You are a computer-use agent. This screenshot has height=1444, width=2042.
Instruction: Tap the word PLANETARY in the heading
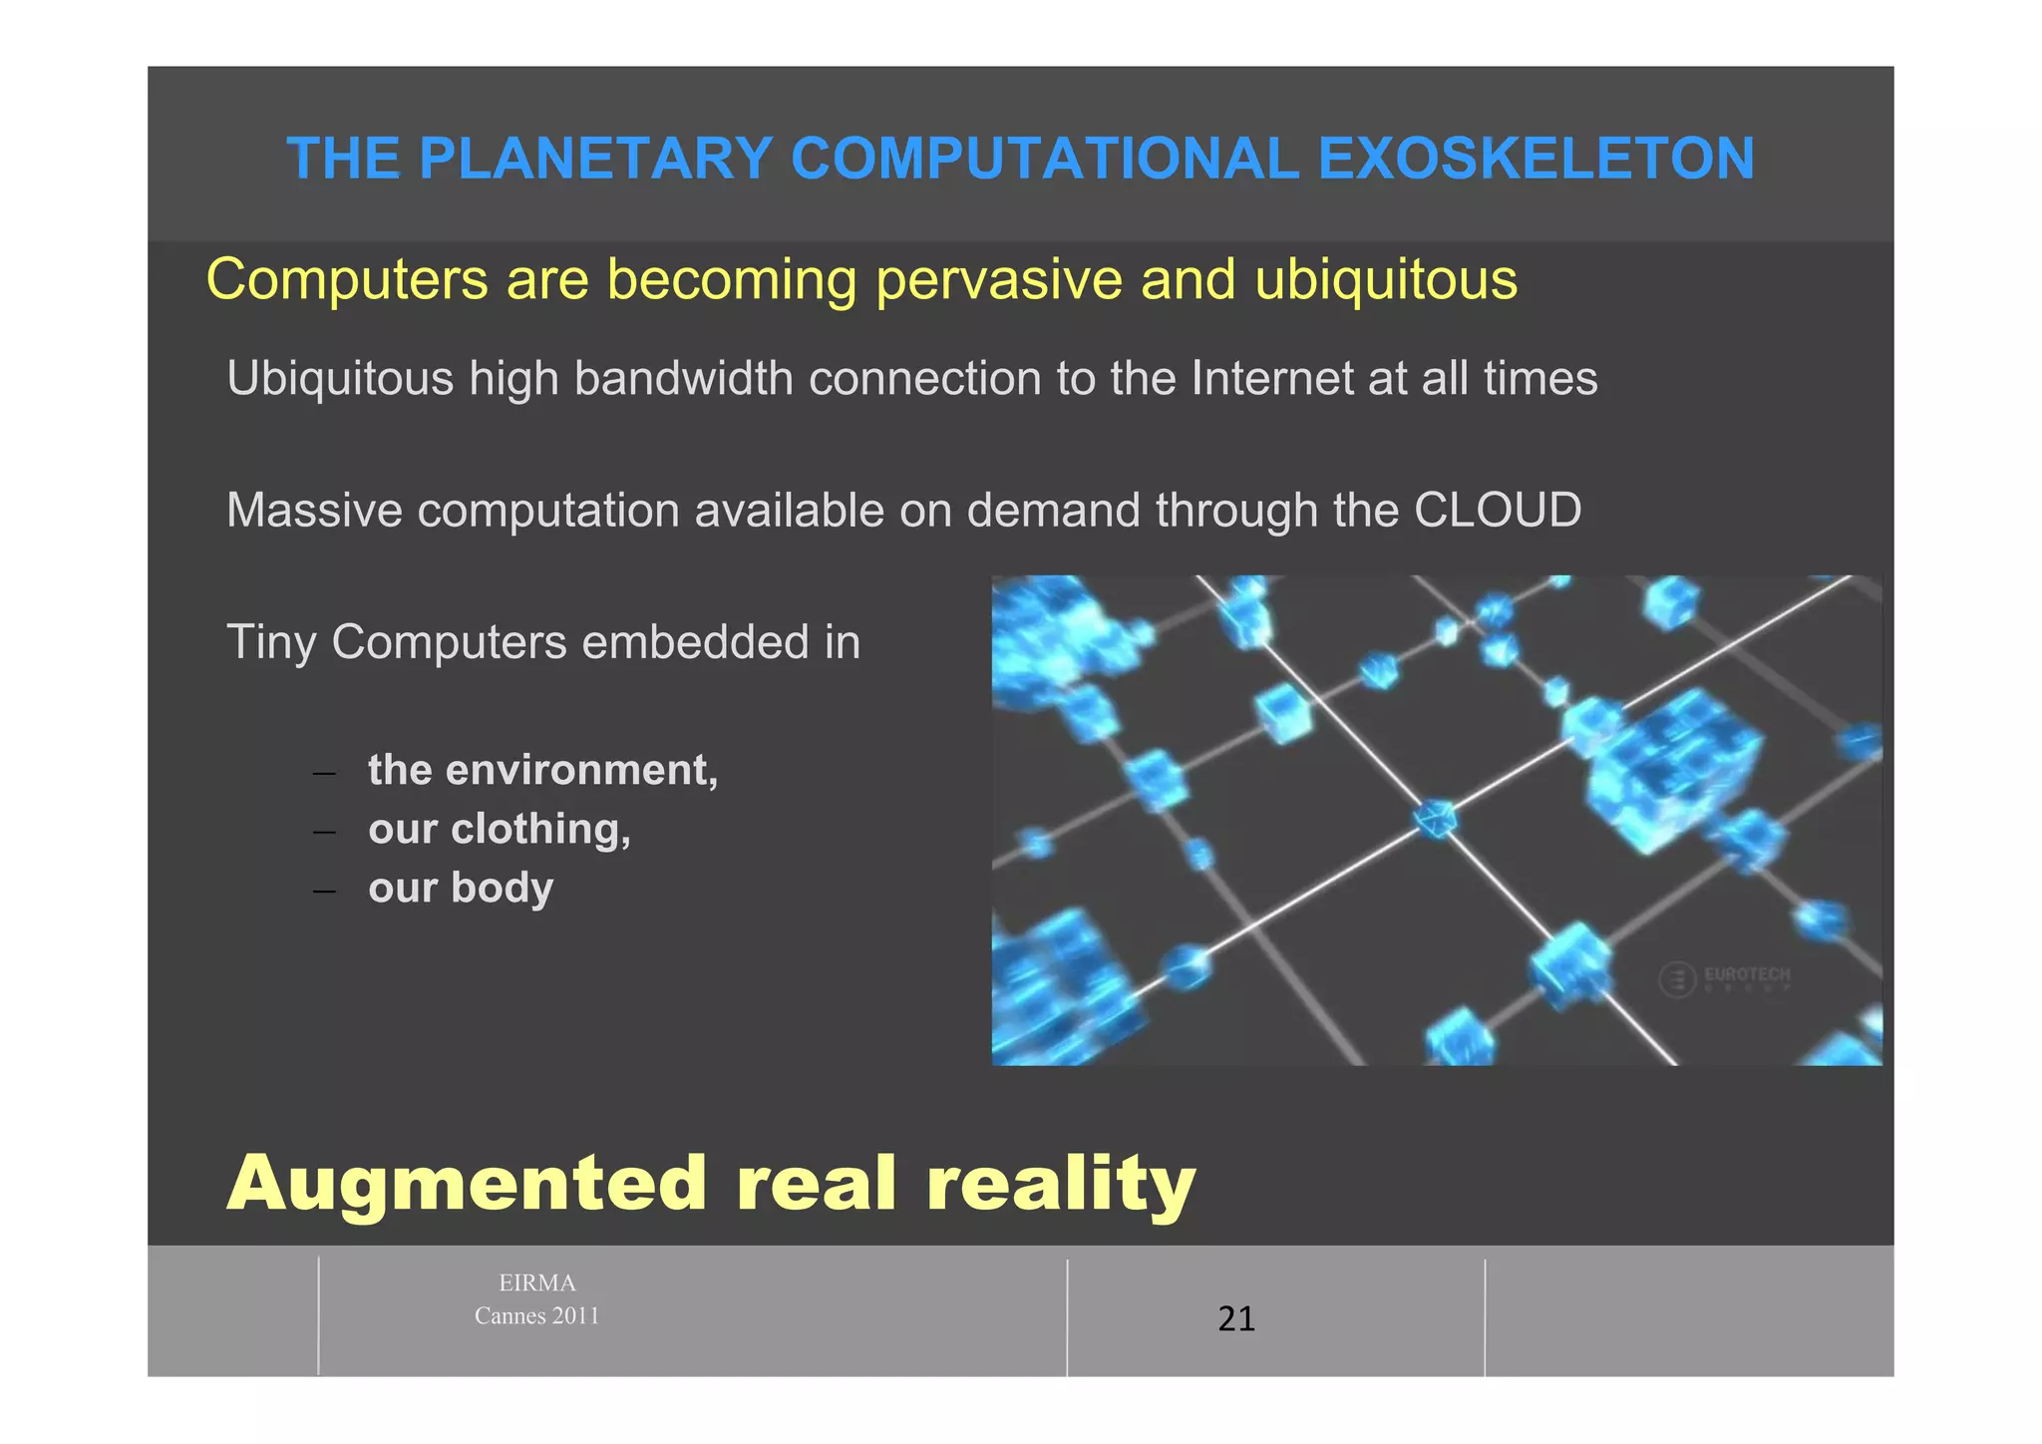(595, 159)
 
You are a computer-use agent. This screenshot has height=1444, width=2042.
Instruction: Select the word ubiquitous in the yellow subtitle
(1386, 279)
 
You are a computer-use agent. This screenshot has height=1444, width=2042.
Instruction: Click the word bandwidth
(683, 379)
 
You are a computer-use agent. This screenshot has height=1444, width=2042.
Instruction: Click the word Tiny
(270, 643)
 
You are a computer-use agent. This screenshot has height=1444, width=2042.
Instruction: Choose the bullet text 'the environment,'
(542, 770)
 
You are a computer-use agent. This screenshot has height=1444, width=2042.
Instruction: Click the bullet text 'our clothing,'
(499, 830)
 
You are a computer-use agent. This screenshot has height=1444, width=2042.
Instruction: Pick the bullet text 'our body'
(460, 889)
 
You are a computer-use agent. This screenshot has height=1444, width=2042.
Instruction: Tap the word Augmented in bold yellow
(467, 1184)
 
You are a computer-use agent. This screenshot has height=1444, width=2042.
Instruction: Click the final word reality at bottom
(1060, 1184)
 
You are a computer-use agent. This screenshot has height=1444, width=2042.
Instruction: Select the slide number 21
(1235, 1319)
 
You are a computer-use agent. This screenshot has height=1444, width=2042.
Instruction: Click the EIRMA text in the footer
(536, 1283)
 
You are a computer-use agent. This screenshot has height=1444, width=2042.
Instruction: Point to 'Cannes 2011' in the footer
(536, 1316)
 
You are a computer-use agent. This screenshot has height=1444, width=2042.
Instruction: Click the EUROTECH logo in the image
(1725, 978)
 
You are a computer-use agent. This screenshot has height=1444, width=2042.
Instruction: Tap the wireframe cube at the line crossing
(1436, 819)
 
